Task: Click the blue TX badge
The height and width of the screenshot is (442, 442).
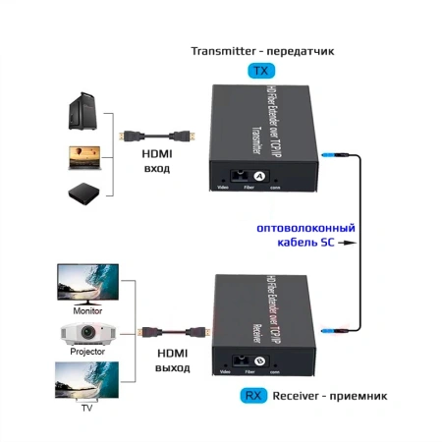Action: (260, 72)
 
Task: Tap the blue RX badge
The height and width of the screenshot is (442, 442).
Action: (253, 397)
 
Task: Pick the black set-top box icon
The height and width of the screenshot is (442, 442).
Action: (83, 192)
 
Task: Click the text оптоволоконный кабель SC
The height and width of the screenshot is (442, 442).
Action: (304, 236)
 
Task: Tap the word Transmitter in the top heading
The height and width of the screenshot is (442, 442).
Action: (222, 50)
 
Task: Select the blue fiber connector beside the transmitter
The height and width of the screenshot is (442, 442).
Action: (333, 153)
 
